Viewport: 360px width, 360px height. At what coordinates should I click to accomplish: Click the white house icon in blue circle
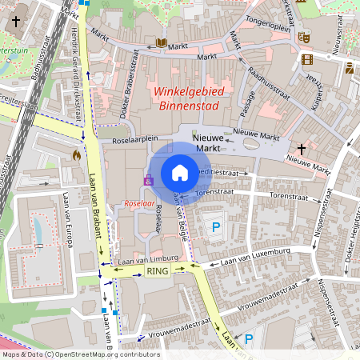point(179,173)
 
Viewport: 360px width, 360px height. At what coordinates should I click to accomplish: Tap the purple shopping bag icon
point(149,180)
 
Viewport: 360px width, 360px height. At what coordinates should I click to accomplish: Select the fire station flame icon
point(77,154)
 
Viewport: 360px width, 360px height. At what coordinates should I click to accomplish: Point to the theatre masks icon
point(304,37)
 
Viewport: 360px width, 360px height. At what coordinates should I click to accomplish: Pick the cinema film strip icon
point(307,59)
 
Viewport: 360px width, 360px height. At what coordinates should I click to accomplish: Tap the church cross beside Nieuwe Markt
point(302,150)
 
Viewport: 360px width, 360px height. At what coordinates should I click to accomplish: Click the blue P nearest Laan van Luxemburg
point(215,228)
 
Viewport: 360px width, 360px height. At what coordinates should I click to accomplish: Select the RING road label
point(158,272)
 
